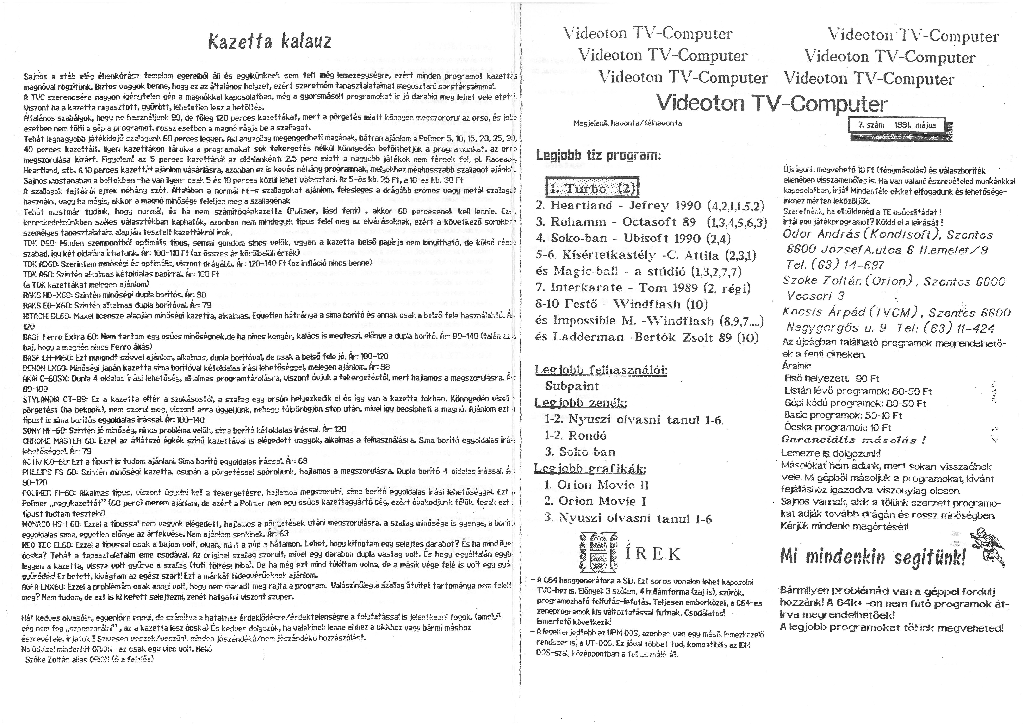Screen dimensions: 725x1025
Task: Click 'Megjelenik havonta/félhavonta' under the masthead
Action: [627, 123]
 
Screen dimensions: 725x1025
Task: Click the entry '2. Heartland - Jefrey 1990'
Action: [650, 206]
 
